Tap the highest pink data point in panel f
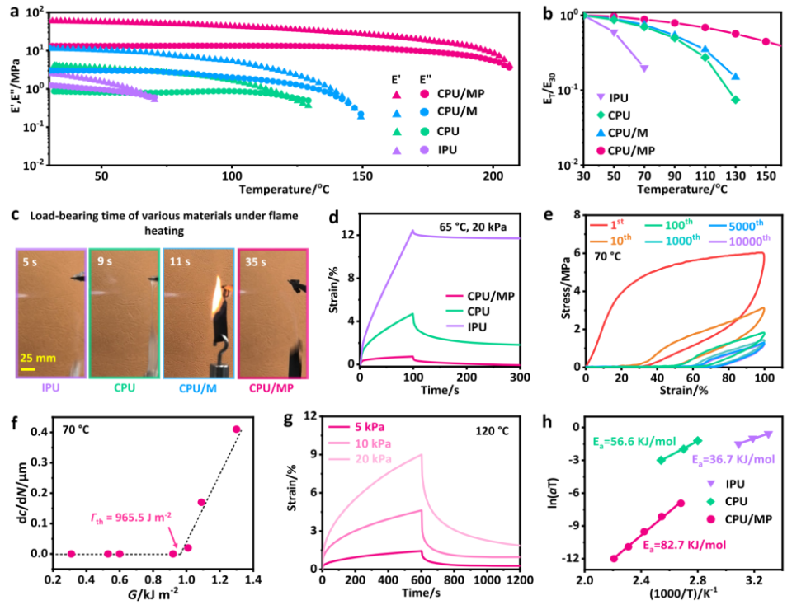(x=236, y=429)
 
